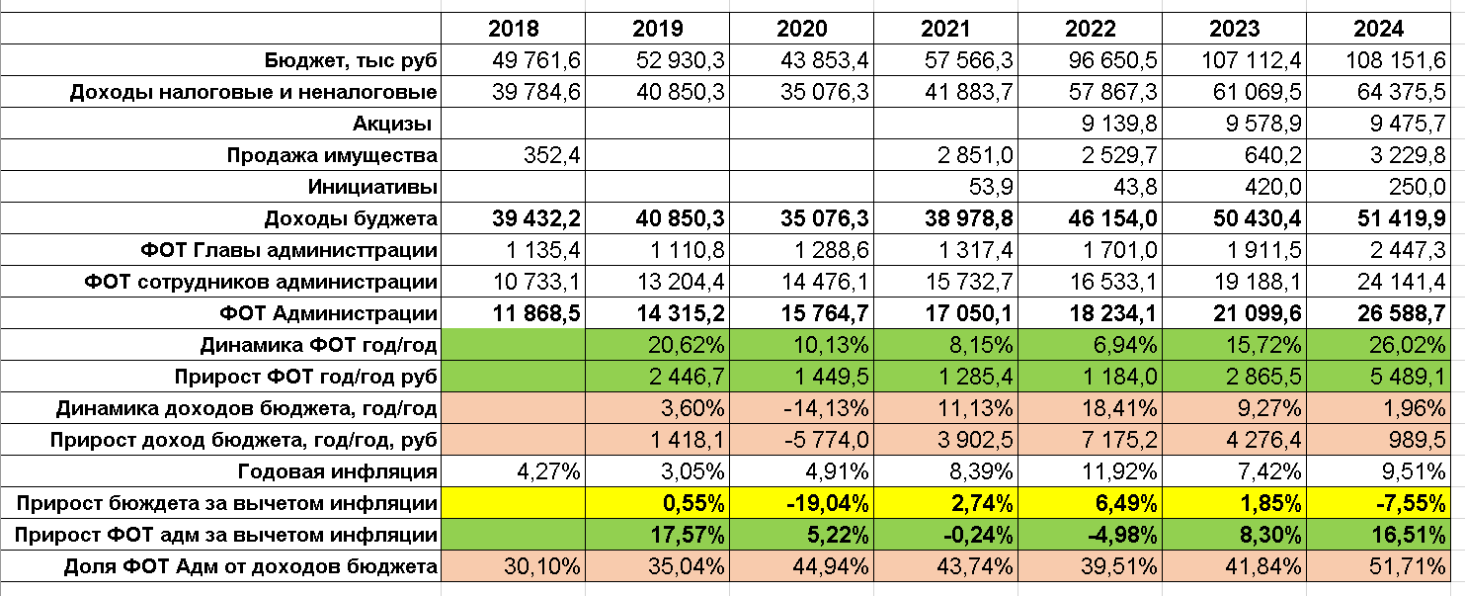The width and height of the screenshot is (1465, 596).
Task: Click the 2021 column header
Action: pyautogui.click(x=945, y=29)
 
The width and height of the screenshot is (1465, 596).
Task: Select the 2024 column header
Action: pyautogui.click(x=1379, y=29)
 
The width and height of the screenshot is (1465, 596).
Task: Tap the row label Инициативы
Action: pyautogui.click(x=372, y=187)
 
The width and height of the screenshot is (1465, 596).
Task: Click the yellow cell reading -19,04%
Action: pyautogui.click(x=825, y=503)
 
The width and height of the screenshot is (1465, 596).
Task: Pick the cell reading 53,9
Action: pyautogui.click(x=990, y=187)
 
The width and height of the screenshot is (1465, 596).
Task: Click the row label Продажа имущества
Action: pyautogui.click(x=332, y=155)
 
